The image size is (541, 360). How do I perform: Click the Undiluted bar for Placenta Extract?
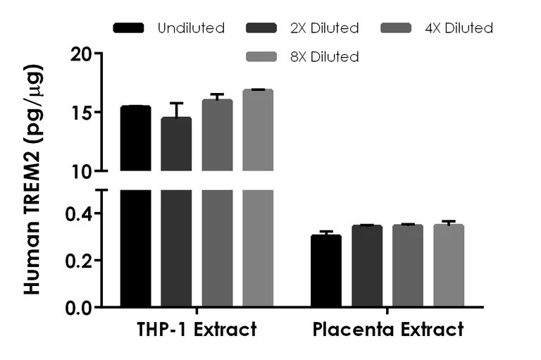pyautogui.click(x=326, y=271)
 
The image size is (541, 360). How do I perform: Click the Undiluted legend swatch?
pyautogui.click(x=128, y=28)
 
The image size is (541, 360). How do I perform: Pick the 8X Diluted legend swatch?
pyautogui.click(x=262, y=56)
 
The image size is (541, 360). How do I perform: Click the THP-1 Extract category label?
pyautogui.click(x=197, y=330)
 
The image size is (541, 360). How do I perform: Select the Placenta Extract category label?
pyautogui.click(x=387, y=330)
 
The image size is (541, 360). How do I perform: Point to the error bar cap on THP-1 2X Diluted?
pyautogui.click(x=176, y=103)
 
